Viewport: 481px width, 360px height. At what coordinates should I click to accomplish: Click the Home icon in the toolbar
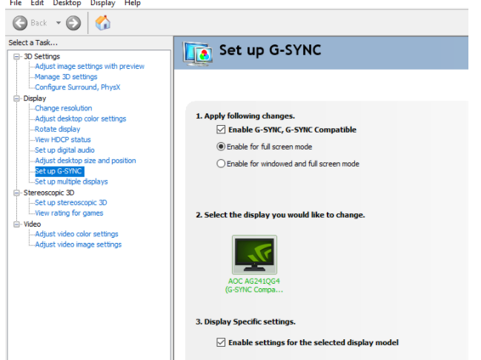[103, 23]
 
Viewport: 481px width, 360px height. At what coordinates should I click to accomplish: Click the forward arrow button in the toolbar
[73, 23]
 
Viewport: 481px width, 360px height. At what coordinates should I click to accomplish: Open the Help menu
[133, 3]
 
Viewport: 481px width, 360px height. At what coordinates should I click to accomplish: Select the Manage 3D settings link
[66, 76]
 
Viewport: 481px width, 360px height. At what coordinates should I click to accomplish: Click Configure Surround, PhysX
[77, 87]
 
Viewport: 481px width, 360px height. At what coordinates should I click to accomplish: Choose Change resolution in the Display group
[63, 108]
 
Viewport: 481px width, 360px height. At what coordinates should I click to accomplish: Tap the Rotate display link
[57, 129]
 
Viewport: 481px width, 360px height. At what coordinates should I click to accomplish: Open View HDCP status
[62, 139]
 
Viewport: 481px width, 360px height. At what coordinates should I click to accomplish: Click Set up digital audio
[64, 150]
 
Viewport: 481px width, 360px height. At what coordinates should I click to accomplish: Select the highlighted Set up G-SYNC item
[59, 171]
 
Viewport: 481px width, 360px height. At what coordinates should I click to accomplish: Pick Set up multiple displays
[71, 181]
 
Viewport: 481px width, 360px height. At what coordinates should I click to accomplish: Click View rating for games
[69, 213]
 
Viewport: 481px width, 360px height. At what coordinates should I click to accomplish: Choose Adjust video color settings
[76, 234]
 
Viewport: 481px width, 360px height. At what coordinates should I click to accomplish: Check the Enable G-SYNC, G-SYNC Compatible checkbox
[221, 130]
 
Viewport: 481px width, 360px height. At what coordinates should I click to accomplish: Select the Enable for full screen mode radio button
[221, 147]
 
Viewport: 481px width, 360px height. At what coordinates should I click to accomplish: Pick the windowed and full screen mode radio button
[221, 164]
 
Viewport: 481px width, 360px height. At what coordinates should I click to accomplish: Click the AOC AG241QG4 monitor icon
[254, 255]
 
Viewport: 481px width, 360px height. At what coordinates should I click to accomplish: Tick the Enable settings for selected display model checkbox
[221, 342]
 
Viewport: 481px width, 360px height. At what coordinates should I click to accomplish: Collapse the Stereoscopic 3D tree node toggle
[16, 193]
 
